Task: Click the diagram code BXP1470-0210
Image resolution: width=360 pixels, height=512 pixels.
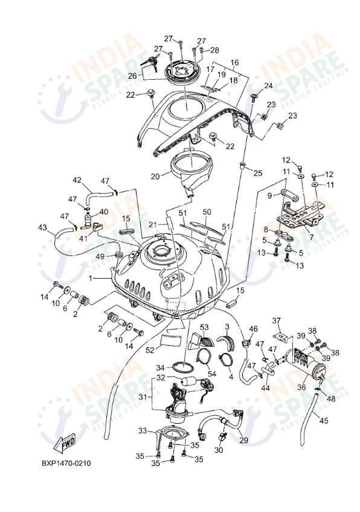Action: click(x=66, y=464)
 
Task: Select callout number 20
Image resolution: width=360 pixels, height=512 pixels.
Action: click(x=155, y=177)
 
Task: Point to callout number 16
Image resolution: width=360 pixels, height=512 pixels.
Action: click(x=234, y=62)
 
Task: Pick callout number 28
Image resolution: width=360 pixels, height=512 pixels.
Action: click(x=214, y=50)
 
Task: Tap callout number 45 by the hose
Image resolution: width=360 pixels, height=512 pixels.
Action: click(x=324, y=421)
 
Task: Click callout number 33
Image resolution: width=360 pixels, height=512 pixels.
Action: click(x=143, y=430)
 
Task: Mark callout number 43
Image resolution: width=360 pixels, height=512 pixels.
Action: click(x=42, y=227)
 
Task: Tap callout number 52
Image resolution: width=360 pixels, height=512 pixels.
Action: click(x=149, y=349)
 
